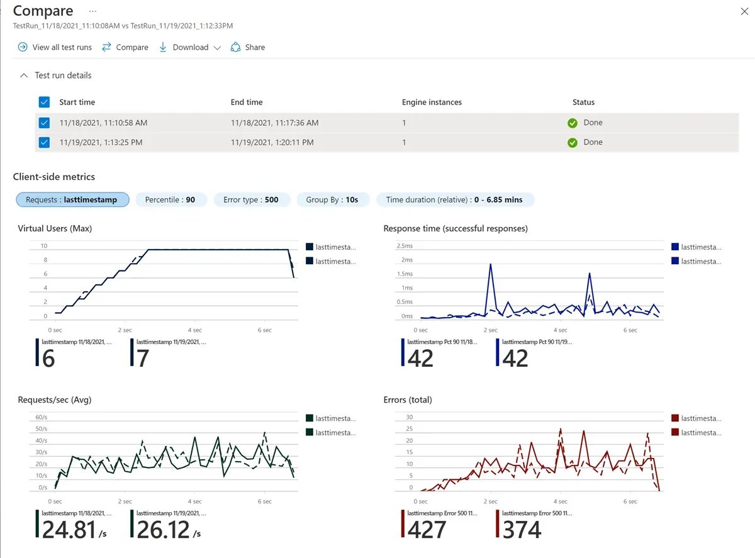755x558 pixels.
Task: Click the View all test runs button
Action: (x=55, y=47)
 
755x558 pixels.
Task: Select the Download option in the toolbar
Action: (x=189, y=47)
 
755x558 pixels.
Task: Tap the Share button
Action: (x=248, y=47)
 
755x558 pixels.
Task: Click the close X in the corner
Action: (x=742, y=11)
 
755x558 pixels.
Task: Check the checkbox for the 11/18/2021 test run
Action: (x=44, y=123)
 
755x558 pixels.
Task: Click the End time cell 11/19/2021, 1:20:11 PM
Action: (x=272, y=142)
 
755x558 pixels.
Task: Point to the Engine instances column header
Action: (x=432, y=102)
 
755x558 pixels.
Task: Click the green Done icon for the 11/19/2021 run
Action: (x=573, y=143)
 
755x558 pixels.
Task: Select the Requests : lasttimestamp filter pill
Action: (x=72, y=200)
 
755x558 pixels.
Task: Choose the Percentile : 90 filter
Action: (x=170, y=200)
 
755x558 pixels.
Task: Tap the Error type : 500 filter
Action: (x=250, y=200)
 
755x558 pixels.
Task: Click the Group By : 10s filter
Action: (x=332, y=200)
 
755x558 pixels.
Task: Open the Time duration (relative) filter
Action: (x=454, y=200)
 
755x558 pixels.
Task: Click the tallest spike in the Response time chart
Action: (x=490, y=265)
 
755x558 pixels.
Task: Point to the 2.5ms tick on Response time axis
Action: (x=403, y=245)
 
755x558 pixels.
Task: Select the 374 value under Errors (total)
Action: (x=522, y=529)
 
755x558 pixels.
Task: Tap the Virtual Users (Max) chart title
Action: (x=55, y=228)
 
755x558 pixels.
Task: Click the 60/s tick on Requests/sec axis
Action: (x=41, y=417)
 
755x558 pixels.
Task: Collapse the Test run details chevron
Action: (x=24, y=75)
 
